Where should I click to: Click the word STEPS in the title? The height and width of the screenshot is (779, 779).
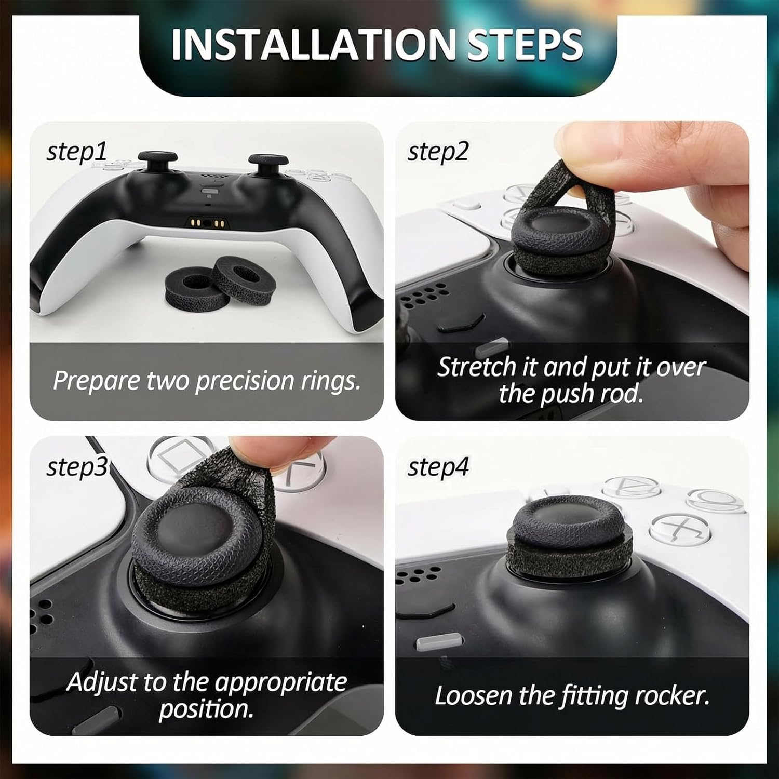tap(525, 44)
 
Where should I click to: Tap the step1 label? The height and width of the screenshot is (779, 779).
tap(76, 152)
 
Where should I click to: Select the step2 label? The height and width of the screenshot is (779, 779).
tap(438, 152)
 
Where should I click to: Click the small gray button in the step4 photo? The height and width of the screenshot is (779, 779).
tap(439, 643)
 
